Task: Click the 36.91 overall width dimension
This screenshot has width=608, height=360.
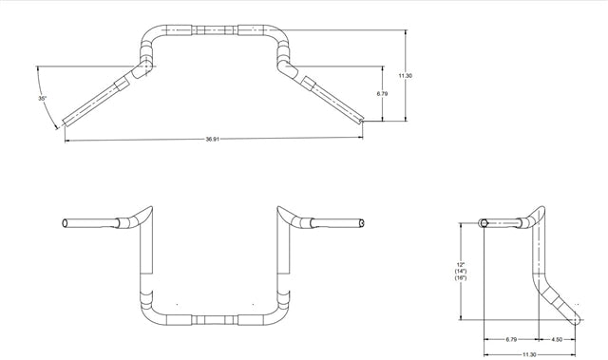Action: click(x=214, y=139)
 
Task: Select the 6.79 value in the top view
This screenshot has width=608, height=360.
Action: click(x=381, y=94)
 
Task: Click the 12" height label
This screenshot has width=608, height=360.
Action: click(x=460, y=263)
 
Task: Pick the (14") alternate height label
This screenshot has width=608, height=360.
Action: click(x=460, y=272)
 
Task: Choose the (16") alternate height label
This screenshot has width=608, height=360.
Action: click(x=460, y=280)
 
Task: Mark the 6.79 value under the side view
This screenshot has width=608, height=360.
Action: click(x=511, y=337)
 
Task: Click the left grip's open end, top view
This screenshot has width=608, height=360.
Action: click(x=66, y=122)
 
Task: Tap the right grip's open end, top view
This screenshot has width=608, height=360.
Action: click(x=363, y=122)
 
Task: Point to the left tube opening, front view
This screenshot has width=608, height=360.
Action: click(x=63, y=222)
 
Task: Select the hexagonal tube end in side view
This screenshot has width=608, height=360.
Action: click(x=484, y=223)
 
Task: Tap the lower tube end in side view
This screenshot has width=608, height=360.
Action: click(x=579, y=304)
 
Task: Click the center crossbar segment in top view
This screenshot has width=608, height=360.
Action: click(x=215, y=28)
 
